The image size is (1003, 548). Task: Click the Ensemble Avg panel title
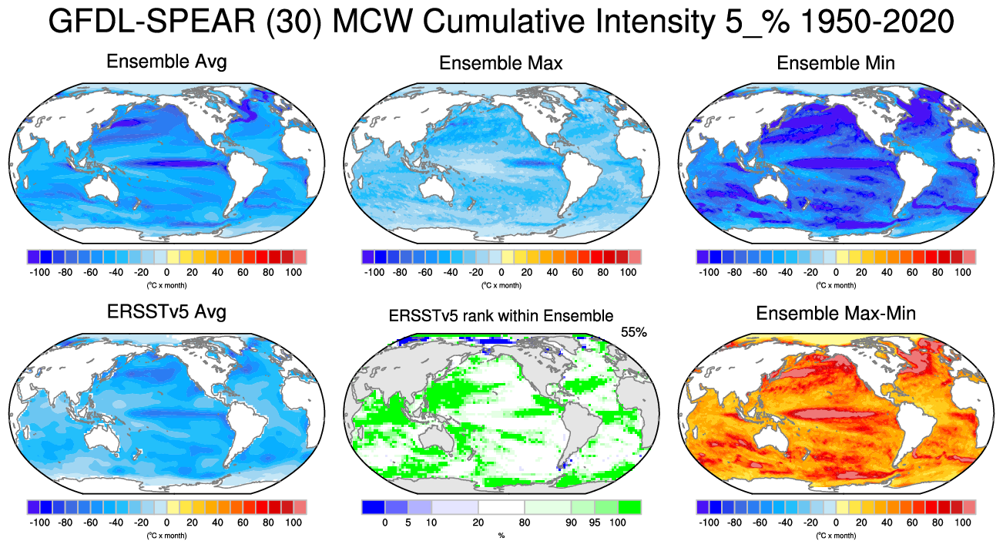(x=166, y=62)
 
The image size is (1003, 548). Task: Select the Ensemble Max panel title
(x=501, y=63)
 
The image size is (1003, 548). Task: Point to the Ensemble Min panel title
(x=836, y=63)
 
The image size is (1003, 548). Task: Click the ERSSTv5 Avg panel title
(x=166, y=313)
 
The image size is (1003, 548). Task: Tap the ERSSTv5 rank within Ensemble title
(x=501, y=315)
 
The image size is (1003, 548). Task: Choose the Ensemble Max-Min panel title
(x=836, y=314)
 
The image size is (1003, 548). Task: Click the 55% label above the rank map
(x=633, y=332)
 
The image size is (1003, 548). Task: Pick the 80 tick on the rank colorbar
(x=525, y=523)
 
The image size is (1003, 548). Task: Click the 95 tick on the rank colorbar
(x=594, y=523)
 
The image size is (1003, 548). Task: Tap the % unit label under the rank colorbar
(x=501, y=535)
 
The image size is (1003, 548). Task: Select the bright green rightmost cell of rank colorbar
(x=629, y=507)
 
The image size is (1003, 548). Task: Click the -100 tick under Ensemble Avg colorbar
(x=39, y=272)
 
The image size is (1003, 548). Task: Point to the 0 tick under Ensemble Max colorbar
(x=501, y=272)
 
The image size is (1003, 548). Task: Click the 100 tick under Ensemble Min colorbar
(x=962, y=272)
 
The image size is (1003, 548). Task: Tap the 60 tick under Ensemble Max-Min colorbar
(x=911, y=523)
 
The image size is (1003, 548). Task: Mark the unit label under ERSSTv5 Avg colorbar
(x=166, y=535)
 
